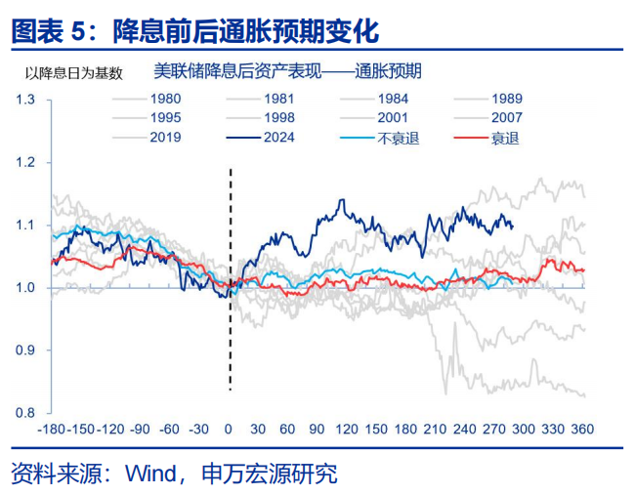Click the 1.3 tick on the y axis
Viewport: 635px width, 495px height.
point(24,100)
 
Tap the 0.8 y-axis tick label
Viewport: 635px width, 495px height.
point(24,412)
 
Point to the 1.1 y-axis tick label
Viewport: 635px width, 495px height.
point(24,225)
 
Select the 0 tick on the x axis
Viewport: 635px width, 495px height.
point(229,430)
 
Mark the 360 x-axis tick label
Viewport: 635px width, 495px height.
point(583,430)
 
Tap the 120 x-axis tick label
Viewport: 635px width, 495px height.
point(347,430)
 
